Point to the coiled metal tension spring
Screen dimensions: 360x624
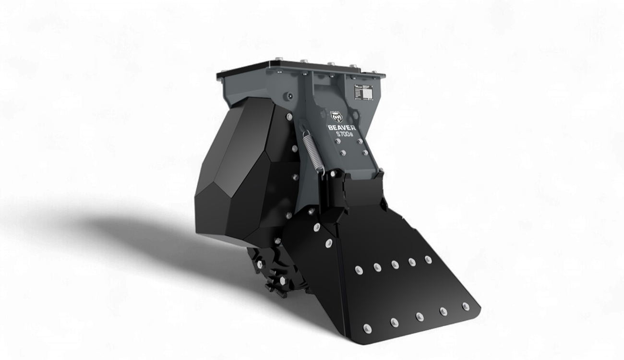[x=312, y=151]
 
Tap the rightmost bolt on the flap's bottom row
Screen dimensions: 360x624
[x=465, y=305]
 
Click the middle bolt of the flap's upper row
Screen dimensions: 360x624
[x=395, y=264]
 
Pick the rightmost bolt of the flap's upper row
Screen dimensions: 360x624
[x=428, y=259]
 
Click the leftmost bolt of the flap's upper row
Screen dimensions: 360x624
[x=358, y=269]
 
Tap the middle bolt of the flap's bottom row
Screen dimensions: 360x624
[x=419, y=316]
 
